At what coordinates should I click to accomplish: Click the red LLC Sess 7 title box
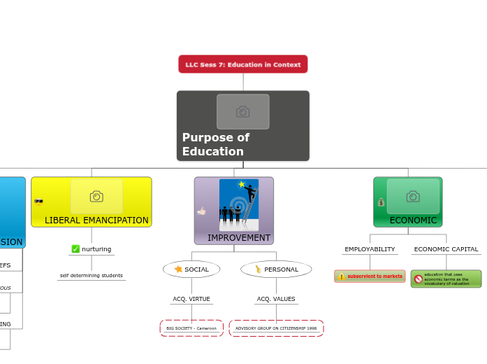click(x=242, y=64)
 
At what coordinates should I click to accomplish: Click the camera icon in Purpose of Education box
click(x=242, y=112)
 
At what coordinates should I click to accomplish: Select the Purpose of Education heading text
click(x=216, y=144)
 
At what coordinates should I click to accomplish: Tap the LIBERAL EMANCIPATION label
click(x=96, y=220)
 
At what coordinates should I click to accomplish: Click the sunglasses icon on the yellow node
click(x=38, y=202)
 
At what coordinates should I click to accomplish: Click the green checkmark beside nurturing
click(x=75, y=249)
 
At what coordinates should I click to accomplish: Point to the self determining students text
click(x=92, y=276)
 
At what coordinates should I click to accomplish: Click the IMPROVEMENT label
click(x=238, y=238)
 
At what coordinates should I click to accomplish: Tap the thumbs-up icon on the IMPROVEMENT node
click(x=202, y=211)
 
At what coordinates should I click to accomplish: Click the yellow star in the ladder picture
click(x=242, y=185)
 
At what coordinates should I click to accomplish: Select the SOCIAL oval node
click(x=191, y=269)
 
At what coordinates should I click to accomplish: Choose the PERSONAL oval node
click(x=276, y=269)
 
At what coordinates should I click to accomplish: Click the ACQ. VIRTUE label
click(x=191, y=299)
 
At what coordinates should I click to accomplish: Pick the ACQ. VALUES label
click(x=276, y=299)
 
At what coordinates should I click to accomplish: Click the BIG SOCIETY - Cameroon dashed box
click(x=191, y=328)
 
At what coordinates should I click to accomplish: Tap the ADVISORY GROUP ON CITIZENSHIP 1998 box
click(x=276, y=328)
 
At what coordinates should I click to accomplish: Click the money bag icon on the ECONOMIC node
click(x=381, y=202)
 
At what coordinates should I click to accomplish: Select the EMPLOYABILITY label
click(x=370, y=249)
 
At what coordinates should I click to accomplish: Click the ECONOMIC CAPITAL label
click(x=446, y=249)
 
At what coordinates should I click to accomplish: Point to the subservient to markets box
click(x=370, y=276)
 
